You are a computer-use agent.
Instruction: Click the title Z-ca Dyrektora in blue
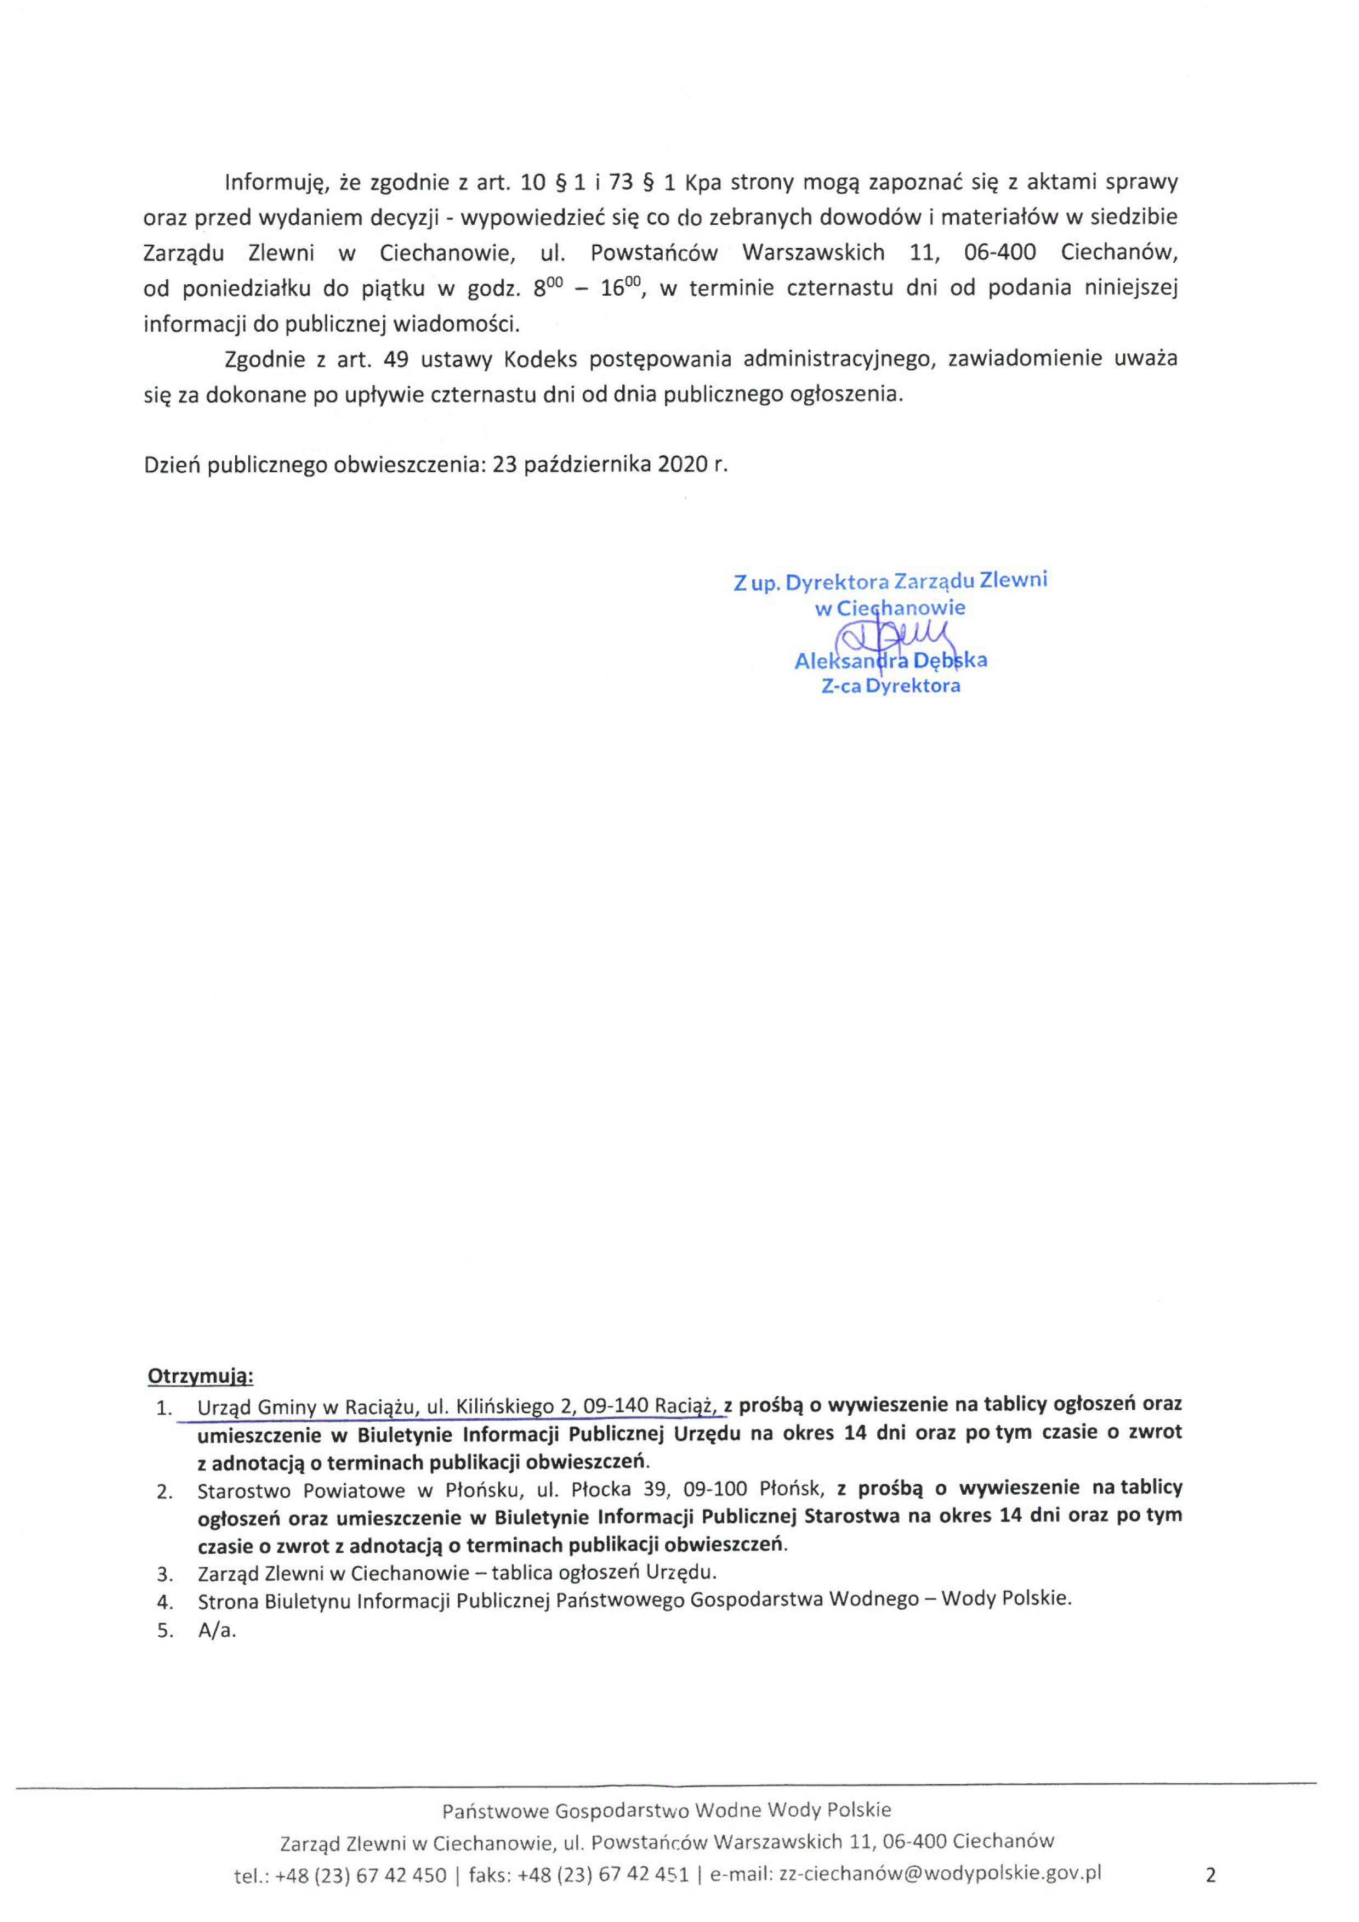[x=890, y=686]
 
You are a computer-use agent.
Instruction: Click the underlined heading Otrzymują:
[x=200, y=1376]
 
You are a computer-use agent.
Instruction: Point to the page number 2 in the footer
[x=1210, y=1875]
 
